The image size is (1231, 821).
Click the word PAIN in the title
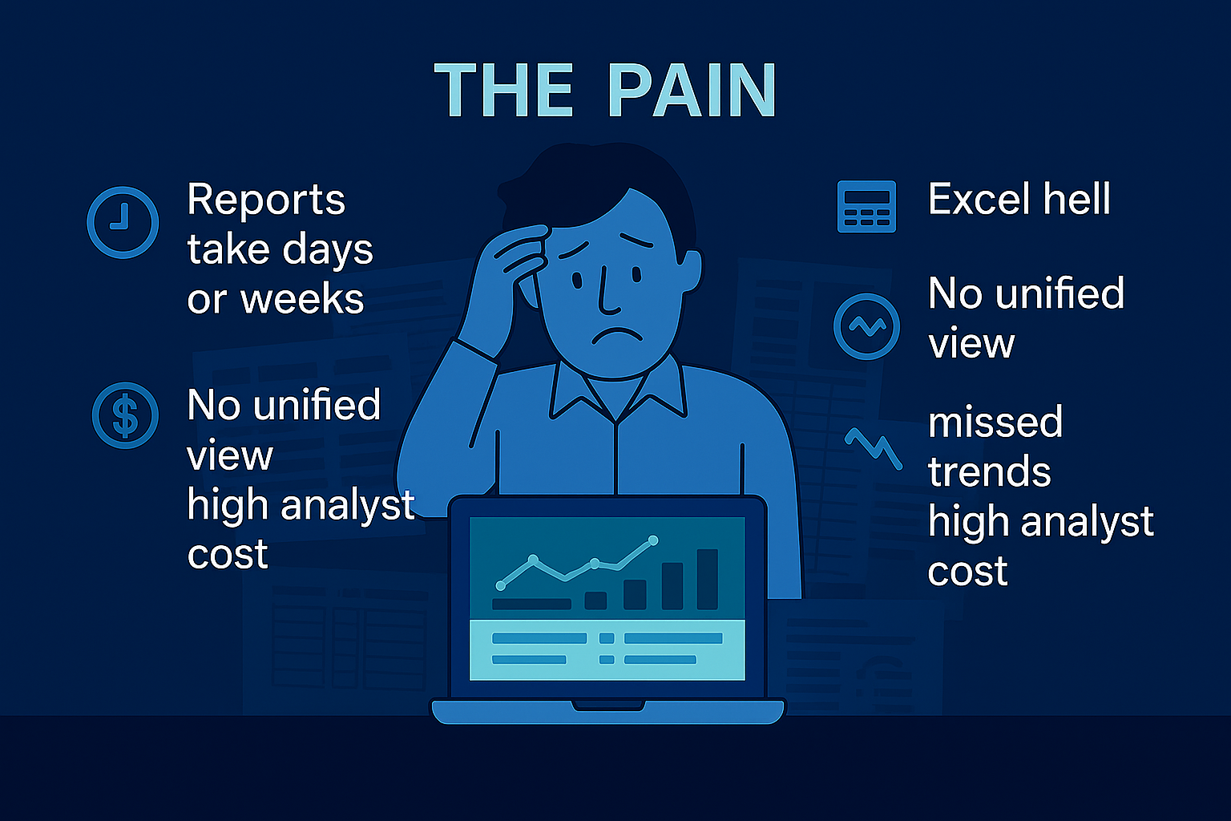point(692,90)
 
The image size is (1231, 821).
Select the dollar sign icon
point(125,415)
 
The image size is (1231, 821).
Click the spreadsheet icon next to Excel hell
point(866,207)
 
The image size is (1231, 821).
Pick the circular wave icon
point(866,326)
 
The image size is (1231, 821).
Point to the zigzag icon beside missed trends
point(874,448)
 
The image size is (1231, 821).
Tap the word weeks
point(302,298)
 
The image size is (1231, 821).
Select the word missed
point(995,423)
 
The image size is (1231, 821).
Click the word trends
point(989,471)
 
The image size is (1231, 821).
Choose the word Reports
point(266,199)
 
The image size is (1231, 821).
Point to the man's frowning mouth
point(617,336)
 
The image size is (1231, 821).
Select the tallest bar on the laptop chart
point(708,579)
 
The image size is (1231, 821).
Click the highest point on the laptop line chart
point(653,540)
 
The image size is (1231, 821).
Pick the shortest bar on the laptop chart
point(595,601)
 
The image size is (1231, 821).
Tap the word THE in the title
point(504,90)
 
